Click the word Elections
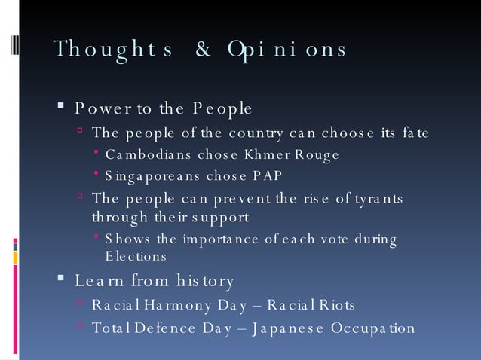[x=136, y=255]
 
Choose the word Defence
[x=161, y=328]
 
